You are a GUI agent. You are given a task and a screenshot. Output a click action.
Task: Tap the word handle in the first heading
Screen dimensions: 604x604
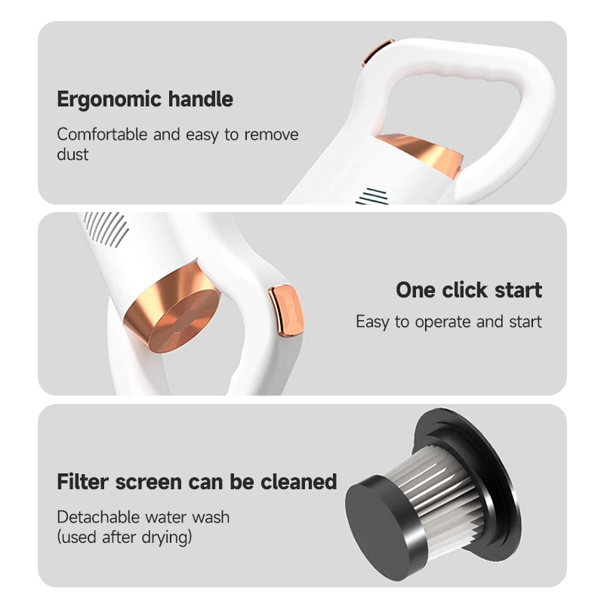point(200,99)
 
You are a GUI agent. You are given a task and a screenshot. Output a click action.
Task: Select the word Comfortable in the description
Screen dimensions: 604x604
point(102,134)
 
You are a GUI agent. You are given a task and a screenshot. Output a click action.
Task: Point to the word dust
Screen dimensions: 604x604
point(72,155)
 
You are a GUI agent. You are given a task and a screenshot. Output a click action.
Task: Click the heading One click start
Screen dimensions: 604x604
point(469,290)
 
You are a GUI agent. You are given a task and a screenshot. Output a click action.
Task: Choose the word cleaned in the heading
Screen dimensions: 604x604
point(298,482)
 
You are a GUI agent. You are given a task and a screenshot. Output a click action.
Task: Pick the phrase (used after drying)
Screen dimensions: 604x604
point(125,538)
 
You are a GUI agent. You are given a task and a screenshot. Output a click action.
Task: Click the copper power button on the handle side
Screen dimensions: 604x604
point(286,309)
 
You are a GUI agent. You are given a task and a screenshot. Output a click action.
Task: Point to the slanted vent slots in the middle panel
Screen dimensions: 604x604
point(106,227)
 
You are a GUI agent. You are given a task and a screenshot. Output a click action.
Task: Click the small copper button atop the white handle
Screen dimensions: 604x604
point(377,51)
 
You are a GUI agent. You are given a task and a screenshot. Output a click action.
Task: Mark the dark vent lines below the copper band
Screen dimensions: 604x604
point(371,196)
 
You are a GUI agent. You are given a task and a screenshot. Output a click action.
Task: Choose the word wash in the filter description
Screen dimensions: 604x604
point(211,517)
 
